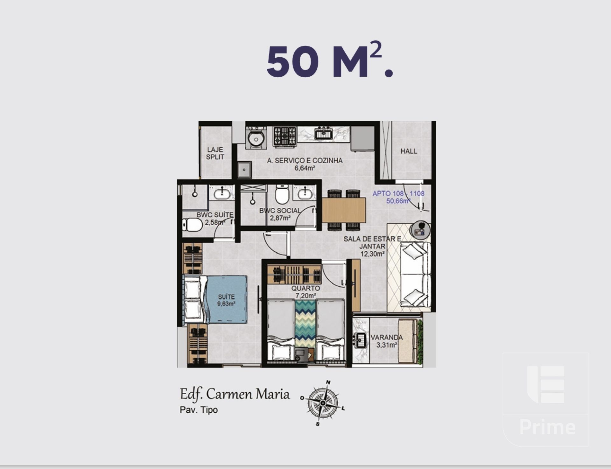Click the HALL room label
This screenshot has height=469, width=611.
click(x=409, y=151)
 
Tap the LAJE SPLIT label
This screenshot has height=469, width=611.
click(x=215, y=153)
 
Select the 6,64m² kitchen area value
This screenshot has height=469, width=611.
click(x=305, y=168)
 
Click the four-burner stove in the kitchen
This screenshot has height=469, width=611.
click(x=285, y=136)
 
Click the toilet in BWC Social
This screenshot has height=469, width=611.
click(x=282, y=194)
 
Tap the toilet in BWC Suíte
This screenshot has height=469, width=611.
click(x=192, y=225)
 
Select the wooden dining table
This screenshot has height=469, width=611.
click(x=344, y=210)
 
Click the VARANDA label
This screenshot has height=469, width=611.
click(x=387, y=337)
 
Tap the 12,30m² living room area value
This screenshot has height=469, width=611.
click(x=372, y=254)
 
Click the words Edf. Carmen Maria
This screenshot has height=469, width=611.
click(x=235, y=394)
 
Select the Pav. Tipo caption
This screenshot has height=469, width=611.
click(x=199, y=410)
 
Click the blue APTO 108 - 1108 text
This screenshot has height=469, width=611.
click(x=398, y=193)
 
